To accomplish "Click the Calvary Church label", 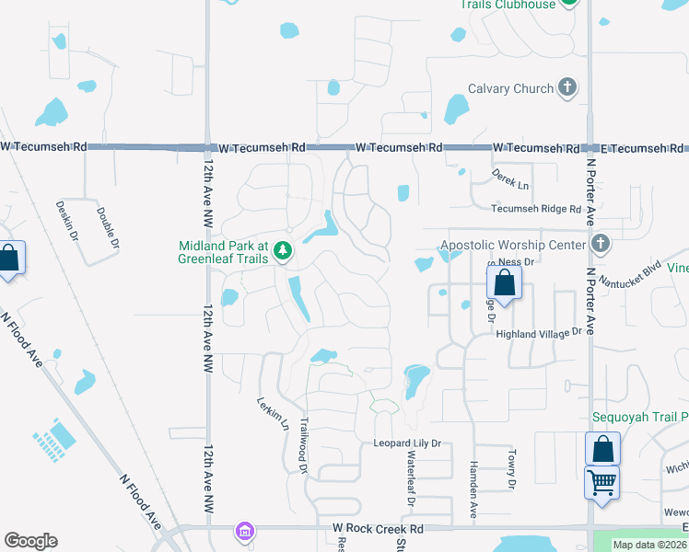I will pyautogui.click(x=510, y=88).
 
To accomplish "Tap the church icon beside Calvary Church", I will pyautogui.click(x=567, y=88).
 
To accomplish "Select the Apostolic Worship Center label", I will pyautogui.click(x=513, y=245).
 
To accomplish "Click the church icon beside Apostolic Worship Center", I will pyautogui.click(x=601, y=244).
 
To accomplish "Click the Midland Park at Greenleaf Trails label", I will pyautogui.click(x=223, y=252).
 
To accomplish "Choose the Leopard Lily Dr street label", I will pyautogui.click(x=407, y=443).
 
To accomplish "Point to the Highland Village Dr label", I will pyautogui.click(x=540, y=332).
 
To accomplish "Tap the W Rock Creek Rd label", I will pyautogui.click(x=378, y=529).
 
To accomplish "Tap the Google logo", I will pyautogui.click(x=31, y=541).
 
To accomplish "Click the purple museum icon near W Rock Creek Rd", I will pyautogui.click(x=244, y=531).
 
